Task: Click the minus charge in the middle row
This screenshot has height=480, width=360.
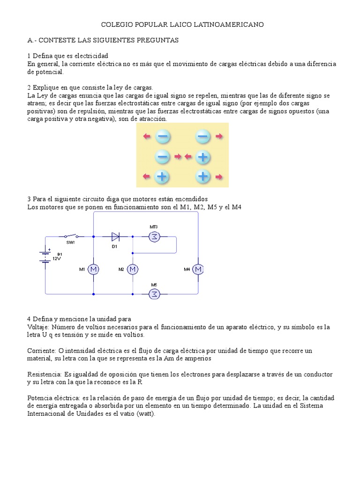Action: point(162,157)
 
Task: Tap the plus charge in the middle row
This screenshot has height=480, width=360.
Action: point(203,157)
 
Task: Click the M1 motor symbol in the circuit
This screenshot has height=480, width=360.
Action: point(93,269)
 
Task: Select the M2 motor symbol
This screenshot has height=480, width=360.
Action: point(133,269)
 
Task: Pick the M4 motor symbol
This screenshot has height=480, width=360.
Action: point(199,269)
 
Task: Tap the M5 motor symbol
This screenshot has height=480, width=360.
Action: point(154,294)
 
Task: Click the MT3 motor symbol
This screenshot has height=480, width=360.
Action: point(154,237)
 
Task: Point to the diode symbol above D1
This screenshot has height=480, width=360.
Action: point(115,237)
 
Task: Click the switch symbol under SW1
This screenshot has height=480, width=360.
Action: point(71,236)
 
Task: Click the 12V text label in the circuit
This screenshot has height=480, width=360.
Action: point(57,258)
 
